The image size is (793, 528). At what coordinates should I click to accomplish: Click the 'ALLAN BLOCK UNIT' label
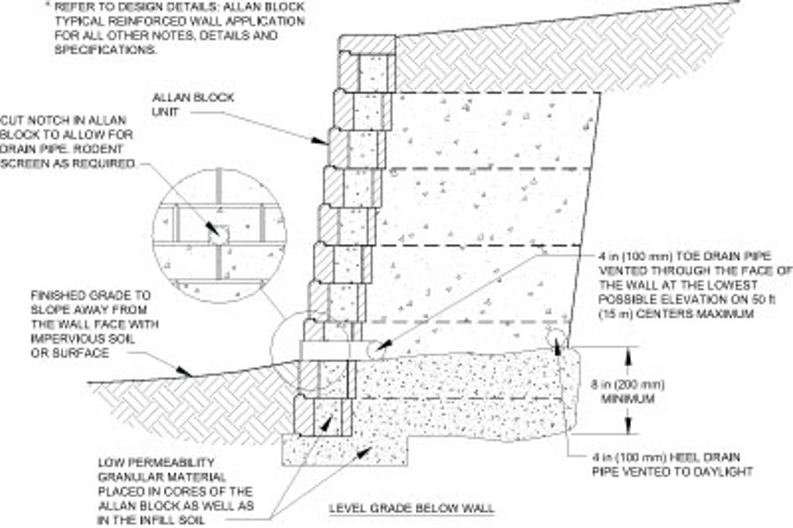click(182, 104)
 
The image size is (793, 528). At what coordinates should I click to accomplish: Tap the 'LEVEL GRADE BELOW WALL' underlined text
click(411, 509)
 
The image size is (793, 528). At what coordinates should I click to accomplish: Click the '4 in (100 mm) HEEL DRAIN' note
click(670, 457)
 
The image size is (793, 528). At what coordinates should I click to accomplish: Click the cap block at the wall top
click(368, 44)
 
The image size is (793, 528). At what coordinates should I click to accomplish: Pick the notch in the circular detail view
click(217, 232)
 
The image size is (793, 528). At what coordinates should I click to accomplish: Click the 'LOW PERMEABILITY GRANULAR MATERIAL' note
click(176, 490)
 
